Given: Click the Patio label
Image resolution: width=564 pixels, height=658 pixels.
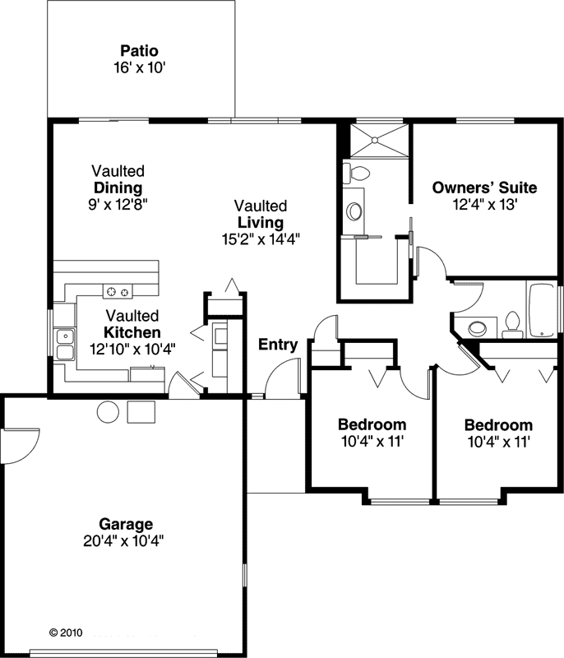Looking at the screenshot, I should (139, 50).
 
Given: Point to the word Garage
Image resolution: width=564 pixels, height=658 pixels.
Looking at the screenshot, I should (126, 523).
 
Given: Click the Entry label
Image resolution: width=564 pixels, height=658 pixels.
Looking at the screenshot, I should (278, 345).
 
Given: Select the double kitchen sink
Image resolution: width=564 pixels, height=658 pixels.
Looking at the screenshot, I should (64, 344).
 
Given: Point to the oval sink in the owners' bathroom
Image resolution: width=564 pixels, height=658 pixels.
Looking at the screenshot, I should (355, 211).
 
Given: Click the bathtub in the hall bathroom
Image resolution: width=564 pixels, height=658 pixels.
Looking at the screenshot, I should (543, 310).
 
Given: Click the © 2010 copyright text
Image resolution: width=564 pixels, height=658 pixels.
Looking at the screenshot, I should (66, 633).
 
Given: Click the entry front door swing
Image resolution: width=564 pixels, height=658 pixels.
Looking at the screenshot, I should (282, 380).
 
